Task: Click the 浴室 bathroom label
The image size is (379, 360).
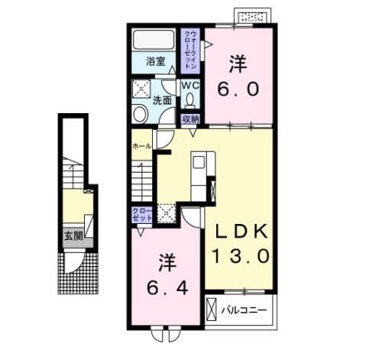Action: pos(155,61)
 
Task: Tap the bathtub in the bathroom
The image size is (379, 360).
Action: pos(155,41)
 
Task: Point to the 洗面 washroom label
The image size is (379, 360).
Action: pos(161,100)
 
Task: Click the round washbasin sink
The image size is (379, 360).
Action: pos(140,114)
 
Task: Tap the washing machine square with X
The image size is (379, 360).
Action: pos(140,87)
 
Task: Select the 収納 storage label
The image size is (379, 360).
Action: pos(191,118)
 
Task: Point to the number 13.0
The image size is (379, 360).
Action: pos(240,258)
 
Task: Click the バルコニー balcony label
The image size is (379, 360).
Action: pos(244,311)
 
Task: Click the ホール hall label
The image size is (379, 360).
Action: pos(141,145)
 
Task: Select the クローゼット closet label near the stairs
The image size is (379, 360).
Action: pos(140,212)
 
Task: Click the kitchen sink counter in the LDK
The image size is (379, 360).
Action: pos(199,175)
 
